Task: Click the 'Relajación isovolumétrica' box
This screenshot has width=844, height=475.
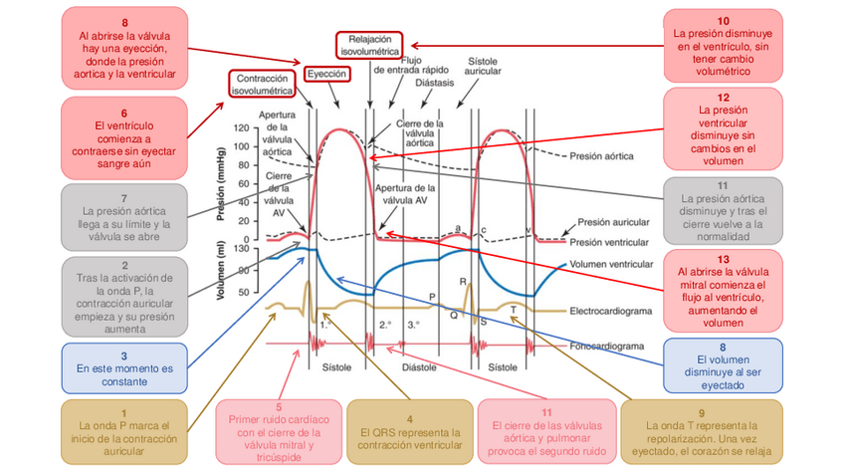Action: [368, 43]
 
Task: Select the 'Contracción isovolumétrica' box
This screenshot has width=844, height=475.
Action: [263, 83]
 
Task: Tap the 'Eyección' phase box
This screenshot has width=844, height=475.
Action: [326, 75]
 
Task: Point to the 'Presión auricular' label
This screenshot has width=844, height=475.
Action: [613, 223]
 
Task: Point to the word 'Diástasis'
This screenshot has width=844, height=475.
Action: [435, 83]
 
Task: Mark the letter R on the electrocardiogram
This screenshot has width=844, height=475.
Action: [463, 281]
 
